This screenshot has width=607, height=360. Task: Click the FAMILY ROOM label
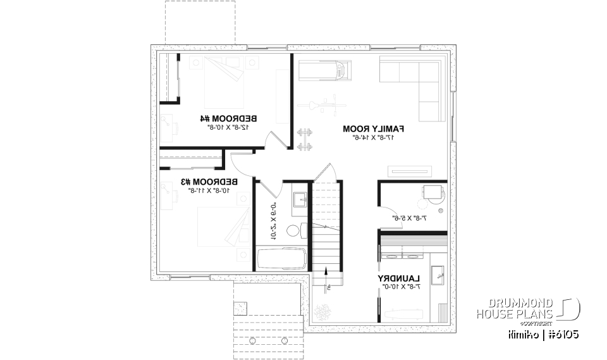373,128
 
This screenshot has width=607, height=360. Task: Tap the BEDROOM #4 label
229,118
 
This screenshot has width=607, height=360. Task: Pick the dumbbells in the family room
305,140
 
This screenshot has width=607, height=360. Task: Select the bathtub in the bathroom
281,259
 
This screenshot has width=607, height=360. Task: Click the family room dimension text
373,137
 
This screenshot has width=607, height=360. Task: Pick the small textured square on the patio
241,308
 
